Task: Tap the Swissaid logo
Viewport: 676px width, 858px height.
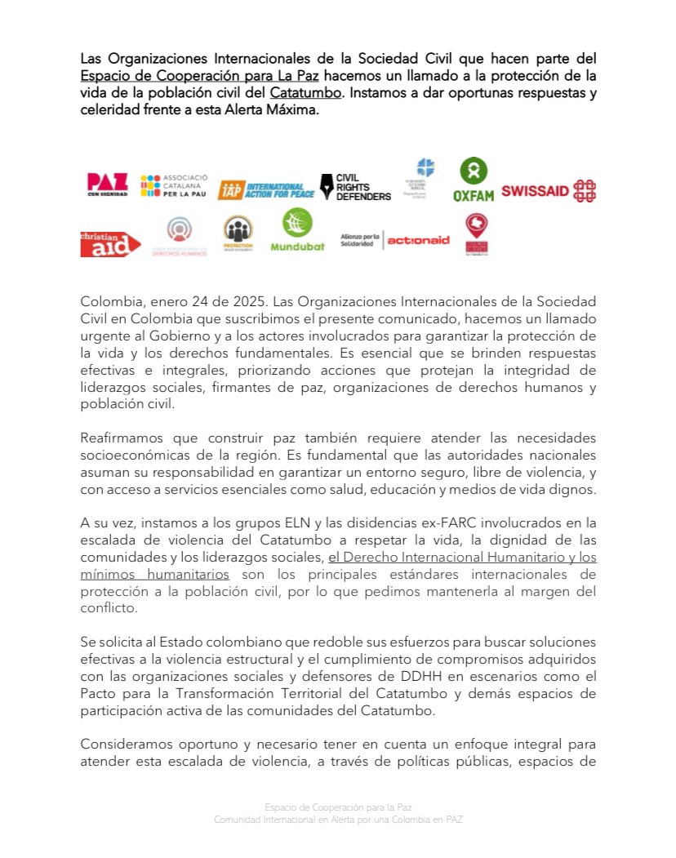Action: tap(548, 190)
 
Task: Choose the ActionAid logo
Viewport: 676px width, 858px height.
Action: tap(417, 240)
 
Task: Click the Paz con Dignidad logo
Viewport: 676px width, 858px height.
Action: tap(107, 185)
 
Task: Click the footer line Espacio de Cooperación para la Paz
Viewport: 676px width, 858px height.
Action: tap(337, 807)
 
